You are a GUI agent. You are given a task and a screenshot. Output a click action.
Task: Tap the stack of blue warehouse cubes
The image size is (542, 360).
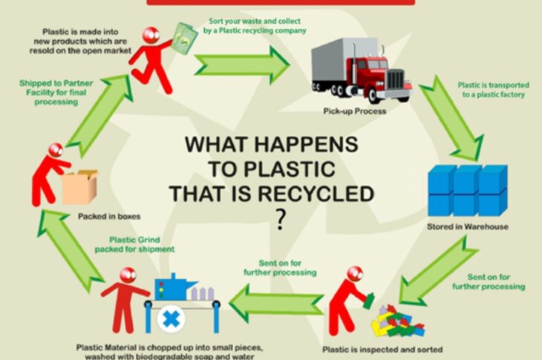[467, 190]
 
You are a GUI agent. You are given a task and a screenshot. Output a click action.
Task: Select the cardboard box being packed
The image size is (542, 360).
[80, 187]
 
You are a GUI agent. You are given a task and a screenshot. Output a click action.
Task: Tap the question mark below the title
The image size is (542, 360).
[280, 220]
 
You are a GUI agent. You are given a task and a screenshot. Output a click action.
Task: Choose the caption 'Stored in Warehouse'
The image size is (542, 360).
[468, 226]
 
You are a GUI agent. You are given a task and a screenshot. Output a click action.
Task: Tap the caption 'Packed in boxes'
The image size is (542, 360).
[109, 217]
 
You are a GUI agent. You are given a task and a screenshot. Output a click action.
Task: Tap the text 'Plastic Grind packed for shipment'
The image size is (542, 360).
[134, 244]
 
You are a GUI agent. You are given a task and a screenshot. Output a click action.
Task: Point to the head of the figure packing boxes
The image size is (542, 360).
[55, 151]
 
